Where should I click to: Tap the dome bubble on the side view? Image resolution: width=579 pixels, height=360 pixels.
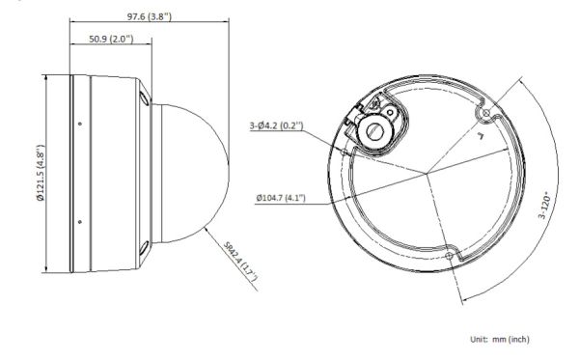point(193,174)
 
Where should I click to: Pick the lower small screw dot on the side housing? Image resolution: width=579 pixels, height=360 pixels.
point(79,222)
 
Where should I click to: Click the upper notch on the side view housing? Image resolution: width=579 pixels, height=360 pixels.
point(143,97)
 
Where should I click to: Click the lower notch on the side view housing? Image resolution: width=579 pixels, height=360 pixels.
point(143,250)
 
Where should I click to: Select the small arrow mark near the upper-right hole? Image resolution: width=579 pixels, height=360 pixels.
point(479,135)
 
